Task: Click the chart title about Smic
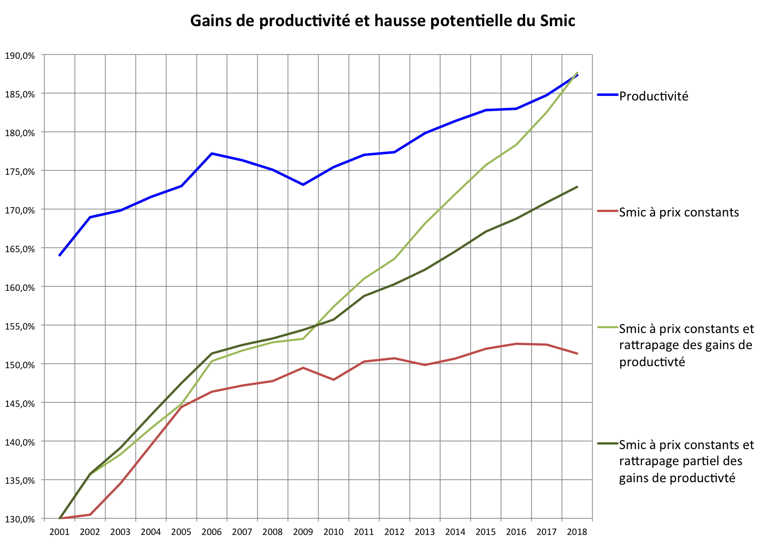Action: [x=382, y=21]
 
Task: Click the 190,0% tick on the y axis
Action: [x=20, y=56]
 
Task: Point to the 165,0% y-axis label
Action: [x=20, y=249]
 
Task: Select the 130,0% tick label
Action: [x=20, y=519]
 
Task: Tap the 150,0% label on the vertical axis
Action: [x=20, y=365]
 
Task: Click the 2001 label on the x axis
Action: [x=59, y=532]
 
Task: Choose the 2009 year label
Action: [x=303, y=532]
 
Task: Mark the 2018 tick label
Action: [x=577, y=532]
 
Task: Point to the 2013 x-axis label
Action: [x=424, y=532]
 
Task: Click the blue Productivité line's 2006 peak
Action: [x=212, y=153]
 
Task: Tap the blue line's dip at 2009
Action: [x=303, y=185]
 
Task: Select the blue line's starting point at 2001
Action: [x=59, y=255]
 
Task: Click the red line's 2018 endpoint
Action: [x=577, y=354]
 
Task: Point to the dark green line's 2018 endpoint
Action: [x=577, y=187]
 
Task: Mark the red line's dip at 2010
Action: [x=333, y=380]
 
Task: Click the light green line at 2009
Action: [x=303, y=339]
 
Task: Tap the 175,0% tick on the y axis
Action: [x=20, y=172]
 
